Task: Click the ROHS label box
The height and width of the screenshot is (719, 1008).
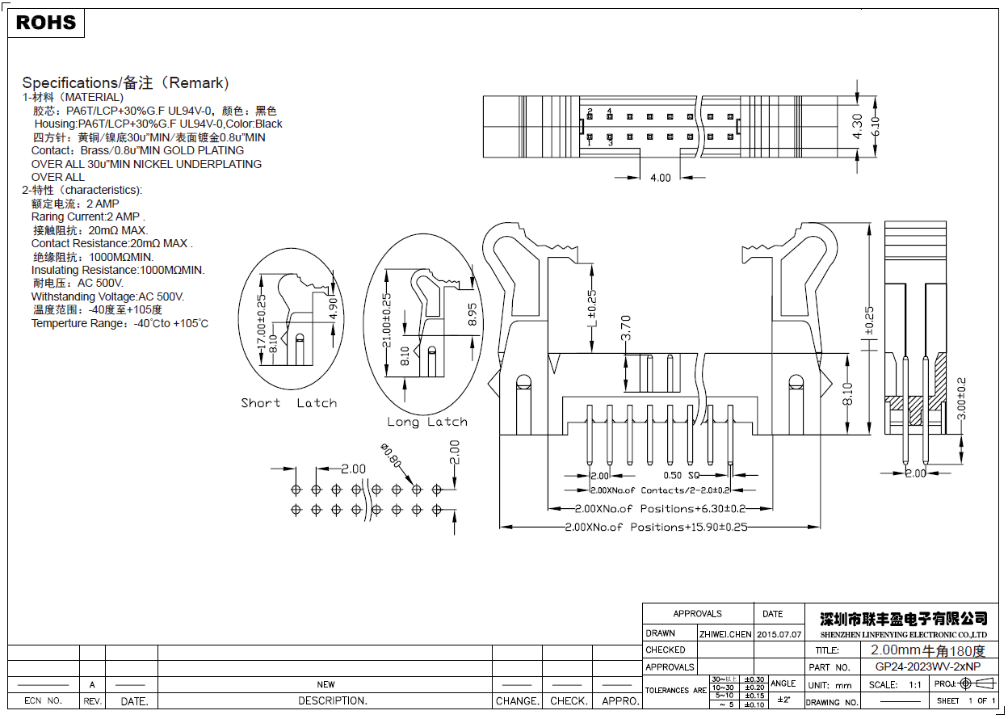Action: click(x=46, y=23)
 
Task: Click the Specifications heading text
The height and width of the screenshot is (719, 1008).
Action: click(x=125, y=82)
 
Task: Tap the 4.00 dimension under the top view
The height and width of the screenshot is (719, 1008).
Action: click(x=660, y=178)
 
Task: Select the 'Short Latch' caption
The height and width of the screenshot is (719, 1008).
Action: click(x=288, y=403)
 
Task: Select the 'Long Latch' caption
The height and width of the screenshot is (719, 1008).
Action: click(x=426, y=422)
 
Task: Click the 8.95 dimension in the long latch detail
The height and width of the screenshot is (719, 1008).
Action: click(x=473, y=313)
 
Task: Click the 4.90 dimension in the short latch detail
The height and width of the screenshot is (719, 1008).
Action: click(x=332, y=307)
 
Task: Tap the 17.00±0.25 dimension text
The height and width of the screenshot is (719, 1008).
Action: click(x=262, y=322)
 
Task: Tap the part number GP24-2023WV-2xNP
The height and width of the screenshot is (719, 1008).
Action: click(x=928, y=667)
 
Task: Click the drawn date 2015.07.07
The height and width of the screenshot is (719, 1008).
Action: click(x=779, y=634)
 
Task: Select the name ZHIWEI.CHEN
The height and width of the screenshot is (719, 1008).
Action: click(x=725, y=634)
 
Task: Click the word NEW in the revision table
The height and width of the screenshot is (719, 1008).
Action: click(x=325, y=684)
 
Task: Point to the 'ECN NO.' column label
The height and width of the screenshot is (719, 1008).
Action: click(x=44, y=701)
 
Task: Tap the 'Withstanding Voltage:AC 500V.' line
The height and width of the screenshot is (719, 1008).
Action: click(x=107, y=296)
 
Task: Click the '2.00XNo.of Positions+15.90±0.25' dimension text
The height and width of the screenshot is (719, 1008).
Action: click(x=656, y=527)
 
